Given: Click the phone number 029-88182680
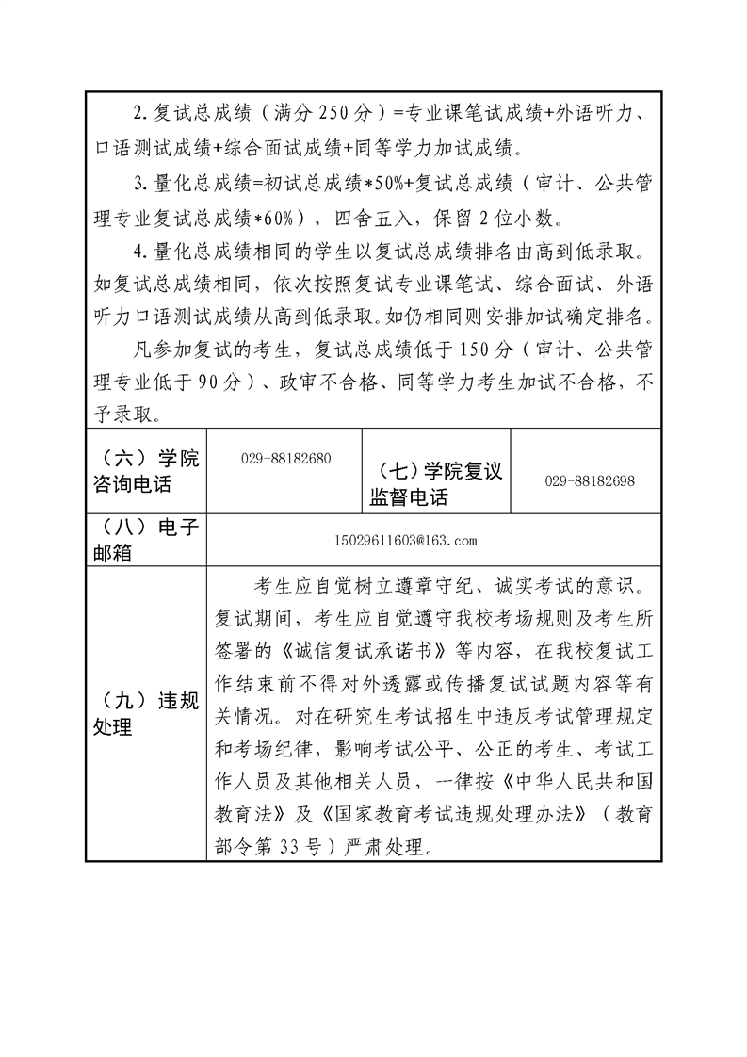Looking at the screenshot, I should pos(286,458).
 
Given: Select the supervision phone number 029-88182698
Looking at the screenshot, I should pos(590,480).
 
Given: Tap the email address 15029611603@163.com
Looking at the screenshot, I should pos(406,541).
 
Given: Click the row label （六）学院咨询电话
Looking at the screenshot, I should pos(147,472).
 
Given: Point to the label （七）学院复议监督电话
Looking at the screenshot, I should pos(437,483).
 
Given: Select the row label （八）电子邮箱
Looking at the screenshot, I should pos(147,541).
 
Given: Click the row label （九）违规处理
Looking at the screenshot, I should pos(147,713).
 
